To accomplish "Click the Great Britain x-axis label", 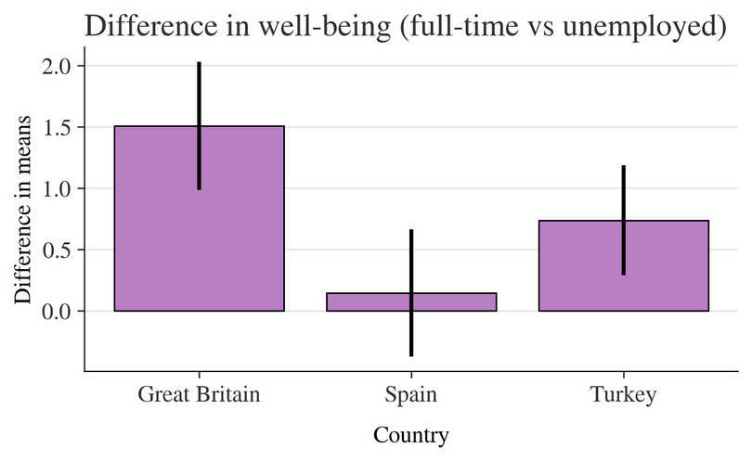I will (x=199, y=394).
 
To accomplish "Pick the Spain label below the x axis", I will (x=411, y=394).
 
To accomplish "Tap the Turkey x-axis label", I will (x=623, y=394).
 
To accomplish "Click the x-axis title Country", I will (x=411, y=435).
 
